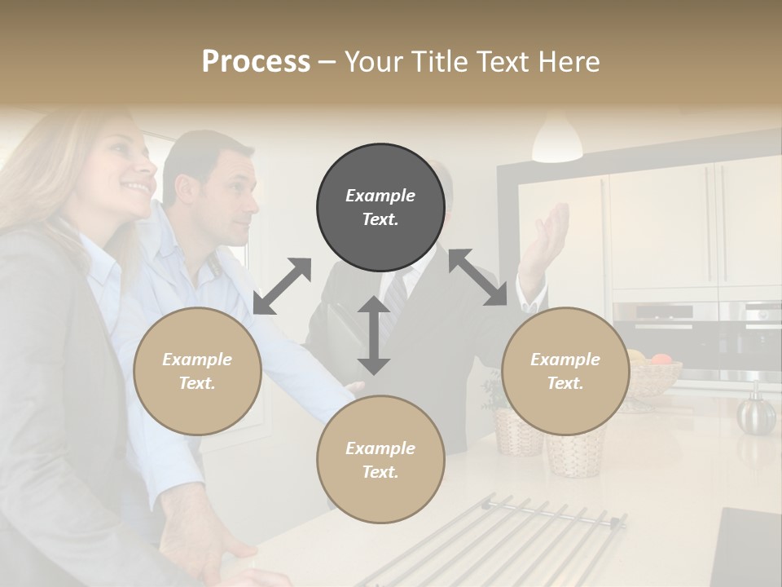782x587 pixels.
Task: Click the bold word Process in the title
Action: pyautogui.click(x=256, y=62)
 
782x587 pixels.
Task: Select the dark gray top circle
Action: pyautogui.click(x=380, y=207)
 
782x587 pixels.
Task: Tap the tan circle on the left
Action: pyautogui.click(x=197, y=371)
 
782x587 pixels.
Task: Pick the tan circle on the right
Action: pyautogui.click(x=565, y=371)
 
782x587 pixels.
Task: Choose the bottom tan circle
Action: pyautogui.click(x=380, y=460)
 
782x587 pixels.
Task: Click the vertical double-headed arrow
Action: pyautogui.click(x=374, y=335)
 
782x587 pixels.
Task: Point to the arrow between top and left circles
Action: pyautogui.click(x=282, y=286)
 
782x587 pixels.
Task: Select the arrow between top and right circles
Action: pyautogui.click(x=478, y=277)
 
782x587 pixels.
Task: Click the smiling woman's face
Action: pyautogui.click(x=130, y=167)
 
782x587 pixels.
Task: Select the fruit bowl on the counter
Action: pyautogui.click(x=654, y=375)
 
